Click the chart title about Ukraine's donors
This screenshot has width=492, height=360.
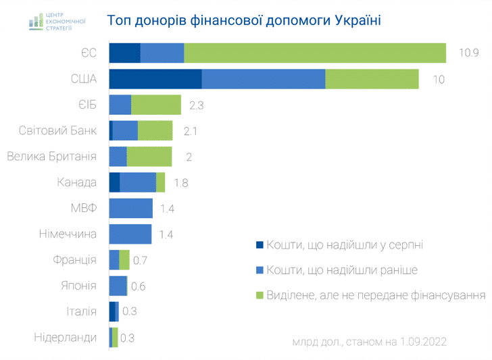244,20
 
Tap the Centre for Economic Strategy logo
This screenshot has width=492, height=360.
57,20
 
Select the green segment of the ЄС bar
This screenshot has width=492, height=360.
315,53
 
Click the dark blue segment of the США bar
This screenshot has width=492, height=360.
155,78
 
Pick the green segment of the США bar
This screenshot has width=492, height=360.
372,78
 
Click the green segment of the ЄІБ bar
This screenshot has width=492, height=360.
156,105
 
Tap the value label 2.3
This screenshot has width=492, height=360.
197,105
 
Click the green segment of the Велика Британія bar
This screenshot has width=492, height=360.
149,156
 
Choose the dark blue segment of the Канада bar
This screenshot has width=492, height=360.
114,182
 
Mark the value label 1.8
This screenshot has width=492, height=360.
180,183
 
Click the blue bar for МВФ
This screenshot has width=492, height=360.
131,208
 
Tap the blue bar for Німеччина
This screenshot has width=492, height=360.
130,234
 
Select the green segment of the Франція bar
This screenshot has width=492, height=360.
124,260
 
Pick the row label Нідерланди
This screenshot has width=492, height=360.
66,337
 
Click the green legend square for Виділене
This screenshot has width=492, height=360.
260,295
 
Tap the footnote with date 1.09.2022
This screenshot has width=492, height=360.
370,342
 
